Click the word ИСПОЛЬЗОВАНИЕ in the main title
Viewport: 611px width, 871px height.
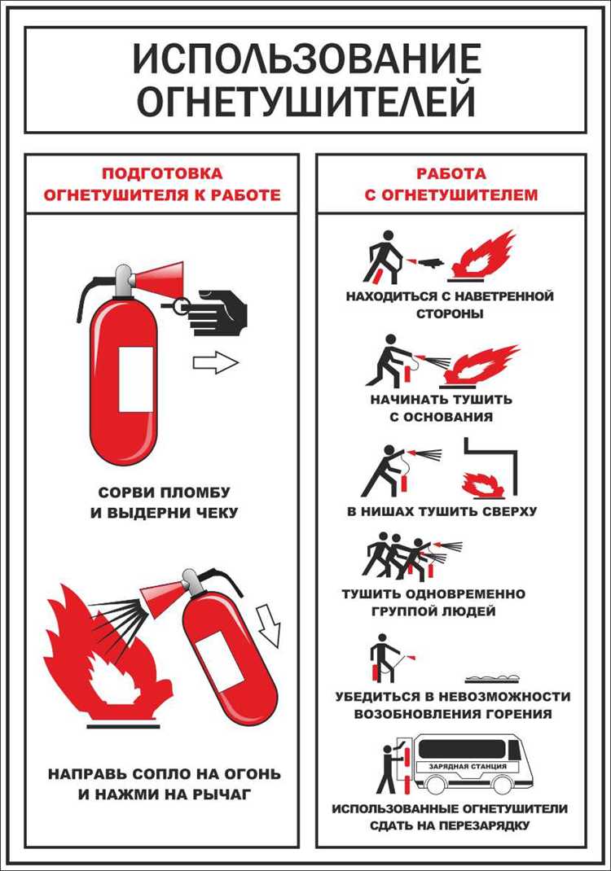point(305,59)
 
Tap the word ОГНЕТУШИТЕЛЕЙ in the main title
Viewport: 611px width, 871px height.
point(305,102)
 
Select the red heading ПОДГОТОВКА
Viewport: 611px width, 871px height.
point(161,173)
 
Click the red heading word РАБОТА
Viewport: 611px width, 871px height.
point(451,173)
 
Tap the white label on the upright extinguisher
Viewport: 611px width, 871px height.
point(135,379)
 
